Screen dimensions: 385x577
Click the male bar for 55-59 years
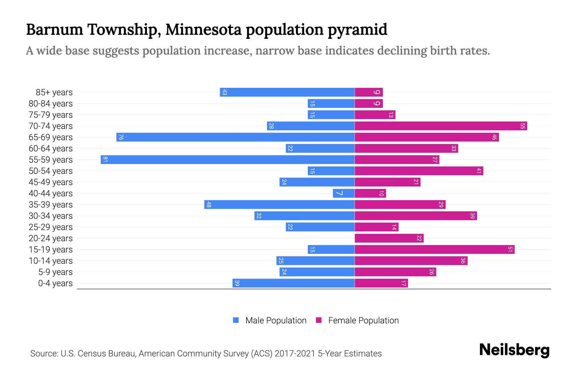coord(228,159)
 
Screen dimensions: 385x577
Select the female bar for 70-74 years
coord(441,126)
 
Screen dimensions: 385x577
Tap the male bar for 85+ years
coord(287,92)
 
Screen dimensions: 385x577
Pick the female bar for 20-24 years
coord(389,238)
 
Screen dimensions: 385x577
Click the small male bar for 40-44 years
coord(344,193)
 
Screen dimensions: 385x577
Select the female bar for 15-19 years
coord(434,249)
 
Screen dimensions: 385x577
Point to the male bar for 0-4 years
coord(293,283)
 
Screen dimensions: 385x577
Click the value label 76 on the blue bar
coord(121,137)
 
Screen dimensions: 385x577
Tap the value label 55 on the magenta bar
coord(523,126)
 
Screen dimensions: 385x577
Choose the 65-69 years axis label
coord(51,137)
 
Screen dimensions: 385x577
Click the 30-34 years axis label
coord(51,216)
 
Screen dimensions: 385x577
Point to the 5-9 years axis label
coord(55,272)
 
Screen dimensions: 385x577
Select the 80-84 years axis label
coord(51,104)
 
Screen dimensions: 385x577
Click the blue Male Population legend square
coord(236,320)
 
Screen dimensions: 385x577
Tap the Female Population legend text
coord(363,320)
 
